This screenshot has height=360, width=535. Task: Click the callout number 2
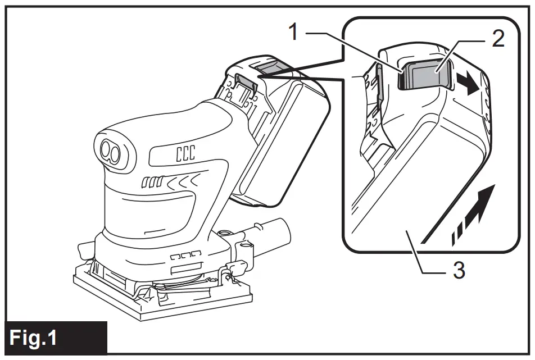[497, 38]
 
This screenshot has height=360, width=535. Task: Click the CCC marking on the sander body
[181, 154]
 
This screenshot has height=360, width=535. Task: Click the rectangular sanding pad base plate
[163, 298]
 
